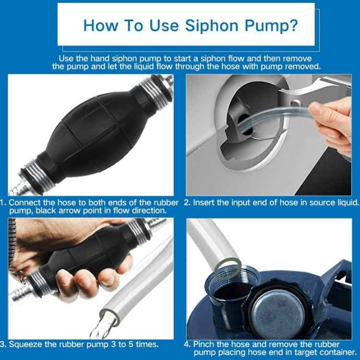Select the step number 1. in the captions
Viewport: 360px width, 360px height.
[4, 203]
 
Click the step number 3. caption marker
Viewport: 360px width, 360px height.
[4, 344]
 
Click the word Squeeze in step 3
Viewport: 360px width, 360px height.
[26, 344]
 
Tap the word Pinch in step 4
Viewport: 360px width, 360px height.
[206, 344]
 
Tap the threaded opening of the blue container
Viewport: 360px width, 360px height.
[230, 293]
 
